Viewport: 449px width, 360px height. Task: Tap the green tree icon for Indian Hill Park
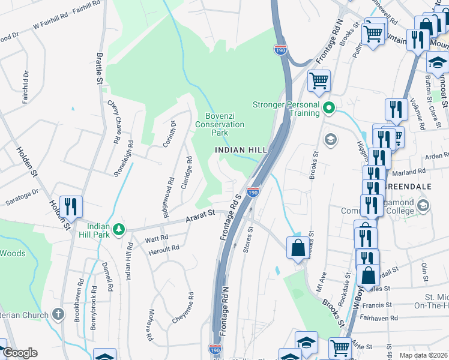click(119, 229)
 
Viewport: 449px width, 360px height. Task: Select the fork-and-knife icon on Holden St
click(71, 207)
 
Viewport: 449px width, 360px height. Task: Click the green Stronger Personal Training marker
click(328, 108)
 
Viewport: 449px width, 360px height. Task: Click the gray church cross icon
click(58, 314)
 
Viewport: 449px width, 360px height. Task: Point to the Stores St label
click(247, 239)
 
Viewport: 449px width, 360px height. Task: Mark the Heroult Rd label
click(163, 248)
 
